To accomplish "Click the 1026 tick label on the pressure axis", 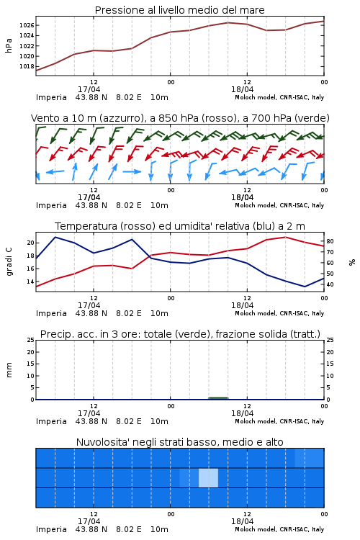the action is tap(26, 25).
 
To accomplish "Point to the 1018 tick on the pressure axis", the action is tap(26, 66).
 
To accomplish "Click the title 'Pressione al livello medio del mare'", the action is tap(180, 10).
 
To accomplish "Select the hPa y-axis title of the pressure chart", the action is tap(9, 45).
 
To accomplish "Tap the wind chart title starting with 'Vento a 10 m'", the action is tap(180, 118).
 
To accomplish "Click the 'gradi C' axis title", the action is tap(9, 261).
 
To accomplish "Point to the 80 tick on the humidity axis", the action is tap(330, 241).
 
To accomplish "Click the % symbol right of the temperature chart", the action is tap(352, 262).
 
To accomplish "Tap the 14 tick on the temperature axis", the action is tap(31, 282).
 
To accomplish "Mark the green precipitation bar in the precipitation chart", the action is tap(218, 398).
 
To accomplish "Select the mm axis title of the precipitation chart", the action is tap(9, 370).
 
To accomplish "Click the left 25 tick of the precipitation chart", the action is tap(31, 341).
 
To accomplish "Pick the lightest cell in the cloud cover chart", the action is tap(208, 478).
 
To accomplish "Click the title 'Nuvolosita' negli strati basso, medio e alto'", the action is tap(180, 442).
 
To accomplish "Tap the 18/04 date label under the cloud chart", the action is tap(242, 521).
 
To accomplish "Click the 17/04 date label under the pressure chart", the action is tap(89, 89).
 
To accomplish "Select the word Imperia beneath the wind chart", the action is tap(51, 205).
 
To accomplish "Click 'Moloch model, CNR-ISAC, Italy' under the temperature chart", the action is tap(279, 313).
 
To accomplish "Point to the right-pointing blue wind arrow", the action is tap(132, 171).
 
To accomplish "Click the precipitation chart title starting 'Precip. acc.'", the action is tap(180, 334).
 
